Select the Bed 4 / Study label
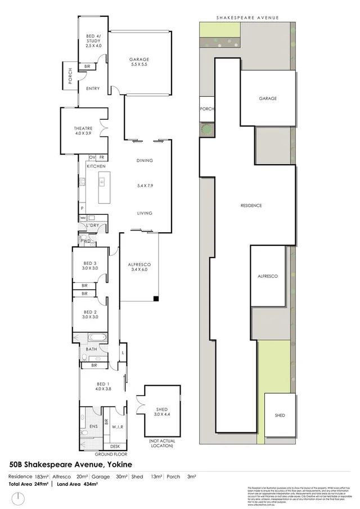pyautogui.click(x=93, y=40)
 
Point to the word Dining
pyautogui.click(x=145, y=161)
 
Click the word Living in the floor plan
pyautogui.click(x=145, y=213)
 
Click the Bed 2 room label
pyautogui.click(x=91, y=314)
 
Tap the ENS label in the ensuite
pyautogui.click(x=93, y=427)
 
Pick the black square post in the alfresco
pyautogui.click(x=157, y=299)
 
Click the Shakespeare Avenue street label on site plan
pyautogui.click(x=247, y=18)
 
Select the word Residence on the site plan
pyautogui.click(x=251, y=206)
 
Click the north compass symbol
pyautogui.click(x=20, y=498)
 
